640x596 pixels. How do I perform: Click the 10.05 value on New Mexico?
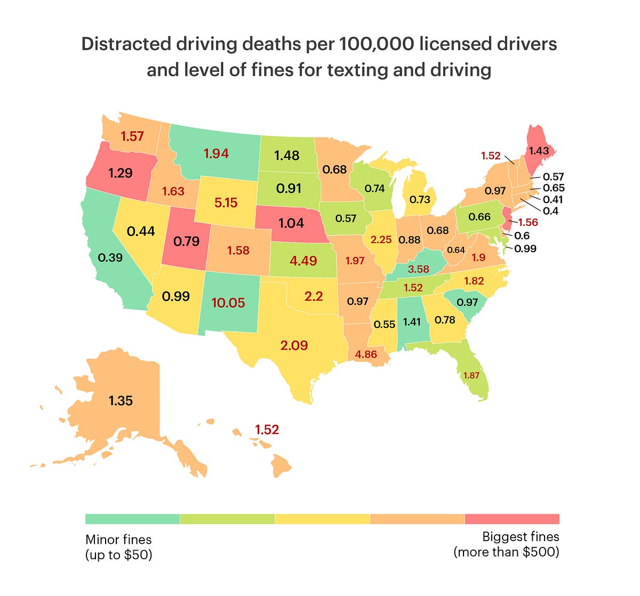coord(228,303)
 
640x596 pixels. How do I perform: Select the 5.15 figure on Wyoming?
coord(226,203)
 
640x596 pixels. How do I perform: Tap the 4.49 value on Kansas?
coord(303,261)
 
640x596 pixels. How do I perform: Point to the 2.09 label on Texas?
coord(294,345)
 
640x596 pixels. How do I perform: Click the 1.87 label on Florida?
coord(471,375)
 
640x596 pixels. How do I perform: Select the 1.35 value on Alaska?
coord(121,400)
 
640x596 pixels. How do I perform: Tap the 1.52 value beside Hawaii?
coord(267,430)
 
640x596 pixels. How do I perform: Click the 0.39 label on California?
coord(110,257)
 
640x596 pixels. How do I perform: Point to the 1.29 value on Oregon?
coord(120,173)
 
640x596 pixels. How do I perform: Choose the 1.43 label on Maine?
coord(539,151)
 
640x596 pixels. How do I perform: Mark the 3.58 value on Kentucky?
coord(418,269)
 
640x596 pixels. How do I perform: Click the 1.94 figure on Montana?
coord(216,154)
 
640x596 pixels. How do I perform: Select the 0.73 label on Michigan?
coord(419,199)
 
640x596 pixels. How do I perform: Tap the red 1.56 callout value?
coord(528,223)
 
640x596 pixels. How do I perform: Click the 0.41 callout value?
coord(553,199)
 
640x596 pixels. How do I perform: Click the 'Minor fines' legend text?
coord(118,539)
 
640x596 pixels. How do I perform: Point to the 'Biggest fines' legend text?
coord(521,536)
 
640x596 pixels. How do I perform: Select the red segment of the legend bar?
coord(512,519)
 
